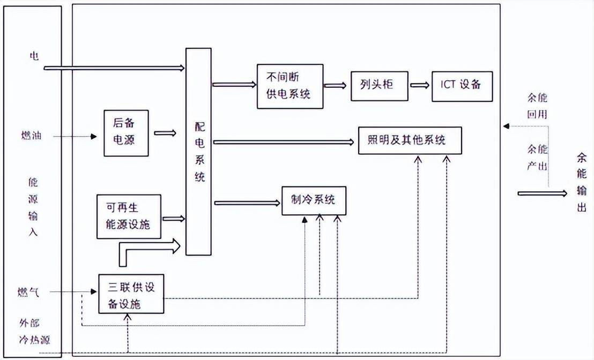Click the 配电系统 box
[198, 152]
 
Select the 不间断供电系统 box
[289, 86]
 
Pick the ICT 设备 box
[462, 85]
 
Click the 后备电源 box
[126, 133]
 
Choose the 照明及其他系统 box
[410, 140]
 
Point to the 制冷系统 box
[314, 200]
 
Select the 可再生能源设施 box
[129, 216]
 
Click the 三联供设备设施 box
[131, 294]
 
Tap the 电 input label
[34, 56]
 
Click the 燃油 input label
[29, 136]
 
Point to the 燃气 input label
[27, 292]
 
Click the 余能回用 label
[536, 107]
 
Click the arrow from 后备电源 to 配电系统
[165, 133]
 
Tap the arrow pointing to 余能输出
[541, 193]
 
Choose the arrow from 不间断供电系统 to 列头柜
[337, 85]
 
